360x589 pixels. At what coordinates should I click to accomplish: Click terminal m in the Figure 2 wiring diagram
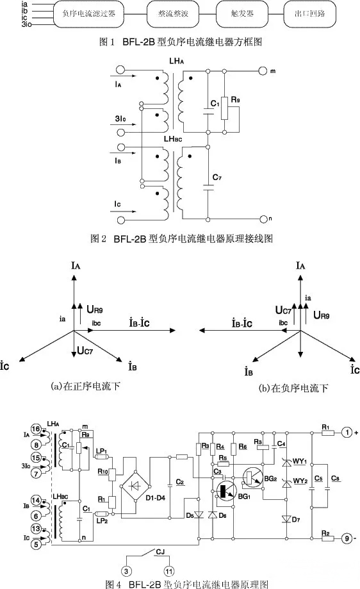[x=262, y=70]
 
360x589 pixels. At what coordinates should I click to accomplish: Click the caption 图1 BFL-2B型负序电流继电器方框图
[x=180, y=42]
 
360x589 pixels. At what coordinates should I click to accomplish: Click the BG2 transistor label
[x=270, y=477]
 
